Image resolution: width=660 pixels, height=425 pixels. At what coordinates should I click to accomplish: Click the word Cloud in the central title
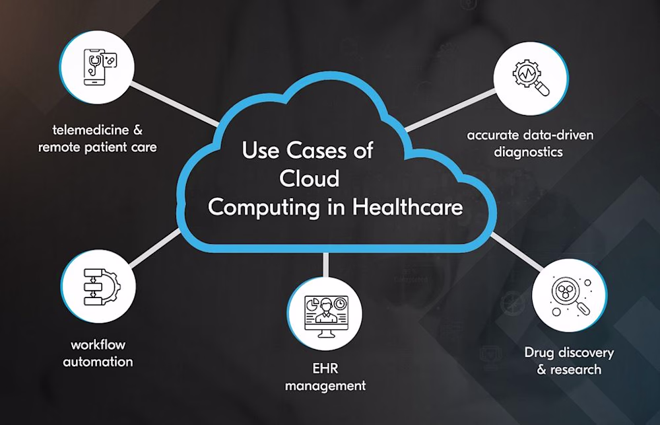[x=310, y=178]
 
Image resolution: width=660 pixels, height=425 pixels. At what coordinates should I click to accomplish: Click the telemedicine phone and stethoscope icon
[x=100, y=67]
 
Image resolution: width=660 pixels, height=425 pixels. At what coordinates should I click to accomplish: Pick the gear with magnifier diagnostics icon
[x=531, y=78]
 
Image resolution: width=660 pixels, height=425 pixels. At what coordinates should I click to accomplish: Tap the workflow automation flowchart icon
[x=102, y=287]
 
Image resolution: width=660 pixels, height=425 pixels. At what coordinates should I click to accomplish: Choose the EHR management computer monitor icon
[x=326, y=316]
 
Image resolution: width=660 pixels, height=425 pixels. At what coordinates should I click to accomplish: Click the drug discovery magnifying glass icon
[x=572, y=296]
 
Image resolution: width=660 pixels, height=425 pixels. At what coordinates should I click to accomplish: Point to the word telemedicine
[x=90, y=130]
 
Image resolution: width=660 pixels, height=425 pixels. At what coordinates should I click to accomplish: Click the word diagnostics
[x=528, y=152]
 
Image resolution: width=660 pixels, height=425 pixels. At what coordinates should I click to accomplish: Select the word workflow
[x=98, y=345]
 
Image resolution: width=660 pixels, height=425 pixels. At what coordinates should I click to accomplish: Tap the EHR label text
[x=325, y=369]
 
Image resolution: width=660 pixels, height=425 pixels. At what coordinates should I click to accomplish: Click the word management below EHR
[x=325, y=386]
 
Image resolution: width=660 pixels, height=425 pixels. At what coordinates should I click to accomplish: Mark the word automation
[x=98, y=362]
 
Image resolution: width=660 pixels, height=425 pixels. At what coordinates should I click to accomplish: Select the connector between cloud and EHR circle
[x=326, y=265]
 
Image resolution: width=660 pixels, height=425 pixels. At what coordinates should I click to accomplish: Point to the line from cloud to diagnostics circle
[x=450, y=110]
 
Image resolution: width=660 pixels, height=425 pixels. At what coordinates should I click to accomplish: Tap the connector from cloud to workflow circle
[x=155, y=249]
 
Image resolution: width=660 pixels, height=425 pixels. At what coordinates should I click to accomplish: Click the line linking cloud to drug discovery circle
[x=517, y=252]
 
